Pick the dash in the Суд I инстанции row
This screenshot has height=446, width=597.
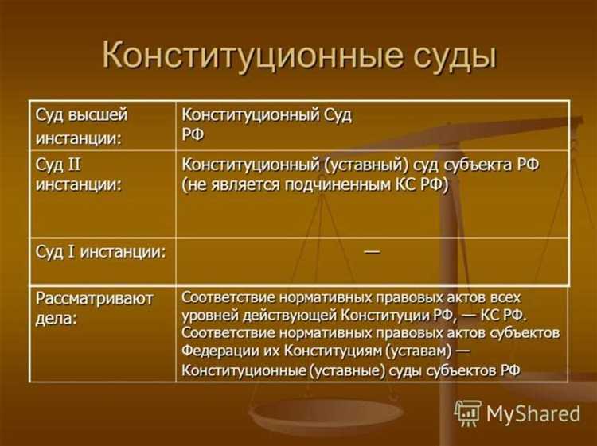pos(372,252)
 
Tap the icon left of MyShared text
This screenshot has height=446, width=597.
pos(467,412)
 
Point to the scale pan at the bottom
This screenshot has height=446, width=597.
pos(322,413)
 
